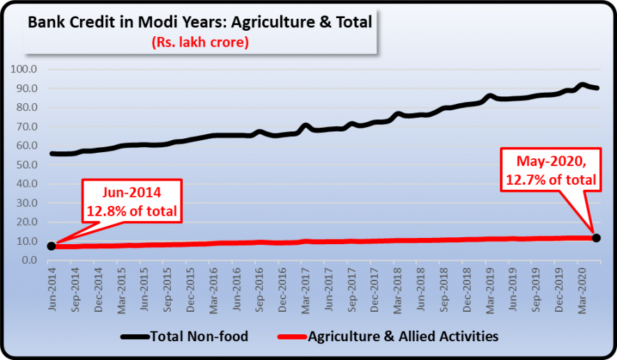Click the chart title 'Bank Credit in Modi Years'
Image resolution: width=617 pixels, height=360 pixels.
click(199, 22)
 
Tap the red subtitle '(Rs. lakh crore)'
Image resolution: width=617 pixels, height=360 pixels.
click(201, 43)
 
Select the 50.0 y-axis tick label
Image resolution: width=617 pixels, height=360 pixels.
click(26, 165)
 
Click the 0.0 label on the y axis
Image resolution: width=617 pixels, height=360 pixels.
click(29, 260)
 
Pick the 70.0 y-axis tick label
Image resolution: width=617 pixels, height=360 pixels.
click(26, 126)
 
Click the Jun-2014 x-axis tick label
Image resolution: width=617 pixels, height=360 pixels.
click(52, 287)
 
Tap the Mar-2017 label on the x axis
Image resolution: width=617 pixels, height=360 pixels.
click(305, 287)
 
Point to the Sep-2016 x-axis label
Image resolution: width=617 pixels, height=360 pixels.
click(259, 287)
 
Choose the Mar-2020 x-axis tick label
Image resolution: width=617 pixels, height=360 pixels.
click(582, 287)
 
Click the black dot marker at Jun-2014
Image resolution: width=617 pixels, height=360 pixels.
click(52, 246)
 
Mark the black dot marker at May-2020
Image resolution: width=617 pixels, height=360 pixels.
click(596, 239)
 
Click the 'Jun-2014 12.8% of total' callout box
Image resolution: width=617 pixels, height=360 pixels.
click(132, 202)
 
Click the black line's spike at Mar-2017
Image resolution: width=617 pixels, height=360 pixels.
click(305, 126)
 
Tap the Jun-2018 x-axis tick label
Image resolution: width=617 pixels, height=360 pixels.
click(421, 287)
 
